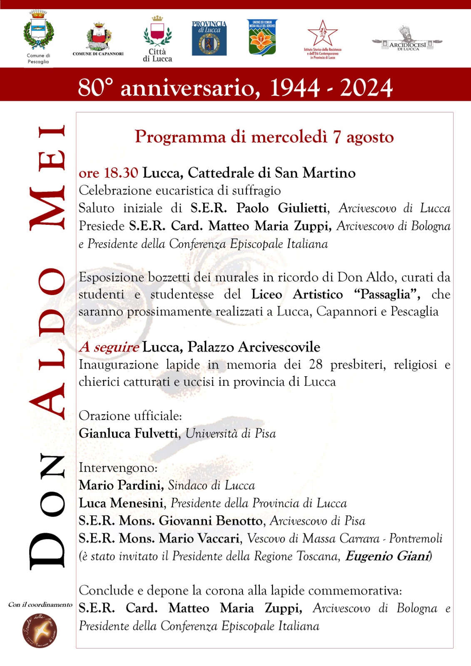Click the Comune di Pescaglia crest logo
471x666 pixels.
click(38, 31)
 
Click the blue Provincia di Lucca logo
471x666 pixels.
click(209, 38)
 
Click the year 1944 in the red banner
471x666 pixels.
click(295, 88)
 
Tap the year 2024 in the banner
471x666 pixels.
click(366, 88)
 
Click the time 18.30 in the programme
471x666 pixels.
click(121, 173)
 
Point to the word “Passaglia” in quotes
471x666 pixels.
click(386, 294)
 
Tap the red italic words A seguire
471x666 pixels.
click(109, 347)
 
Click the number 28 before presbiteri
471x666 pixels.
click(316, 365)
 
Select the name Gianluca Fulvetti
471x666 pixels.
click(128, 433)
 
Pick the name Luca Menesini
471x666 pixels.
click(121, 503)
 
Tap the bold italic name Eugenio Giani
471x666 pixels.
click(387, 556)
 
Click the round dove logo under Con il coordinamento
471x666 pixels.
click(40, 630)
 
